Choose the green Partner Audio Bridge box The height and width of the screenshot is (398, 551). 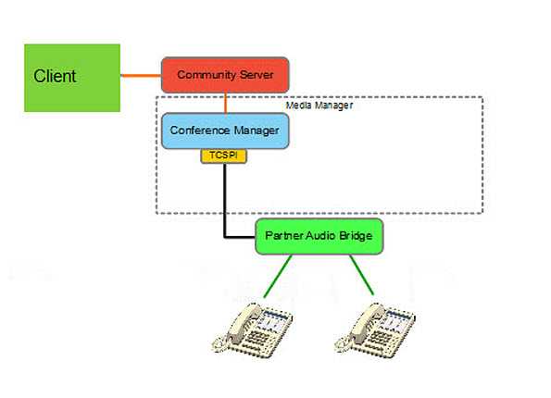tap(319, 236)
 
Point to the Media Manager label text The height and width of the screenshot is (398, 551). tap(319, 106)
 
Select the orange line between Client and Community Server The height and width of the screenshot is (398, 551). tap(141, 74)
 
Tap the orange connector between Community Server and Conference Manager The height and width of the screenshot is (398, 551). tap(225, 103)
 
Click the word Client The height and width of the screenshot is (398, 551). tap(55, 76)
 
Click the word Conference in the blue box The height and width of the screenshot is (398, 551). tap(198, 131)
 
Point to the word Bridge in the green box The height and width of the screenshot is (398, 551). tap(355, 236)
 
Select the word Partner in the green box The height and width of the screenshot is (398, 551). tap(282, 236)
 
